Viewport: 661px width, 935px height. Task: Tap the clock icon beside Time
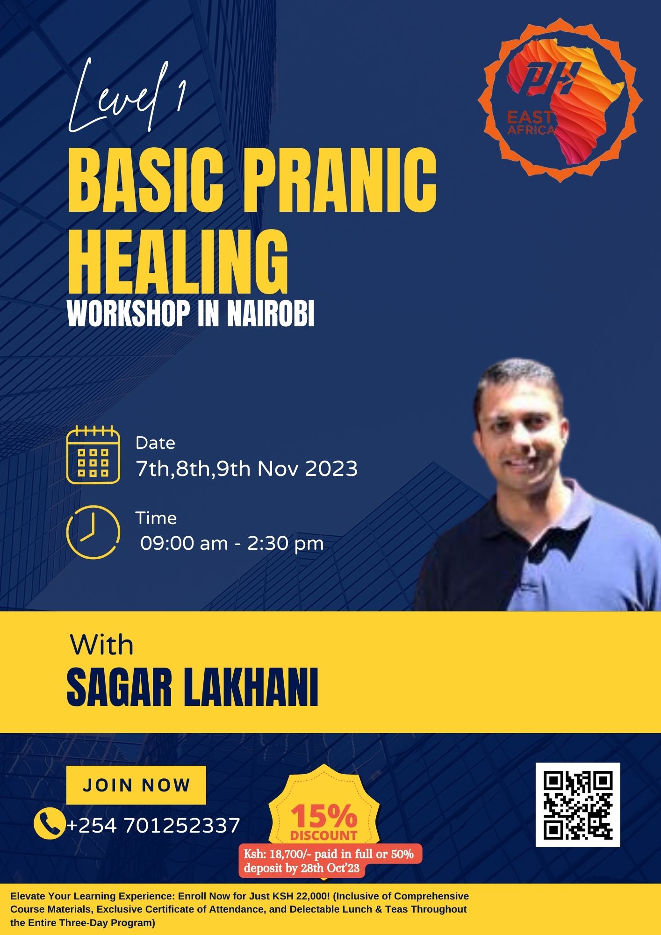pos(93,532)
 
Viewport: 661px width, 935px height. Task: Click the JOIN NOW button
pos(136,785)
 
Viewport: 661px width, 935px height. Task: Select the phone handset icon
pos(49,824)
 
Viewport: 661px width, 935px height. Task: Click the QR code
pos(578,805)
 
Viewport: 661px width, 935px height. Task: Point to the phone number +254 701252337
pos(153,825)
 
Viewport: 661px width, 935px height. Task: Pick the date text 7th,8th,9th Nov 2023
pos(247,468)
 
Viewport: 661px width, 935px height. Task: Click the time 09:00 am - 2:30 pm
pos(232,543)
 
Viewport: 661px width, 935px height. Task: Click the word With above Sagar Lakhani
pos(102,645)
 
